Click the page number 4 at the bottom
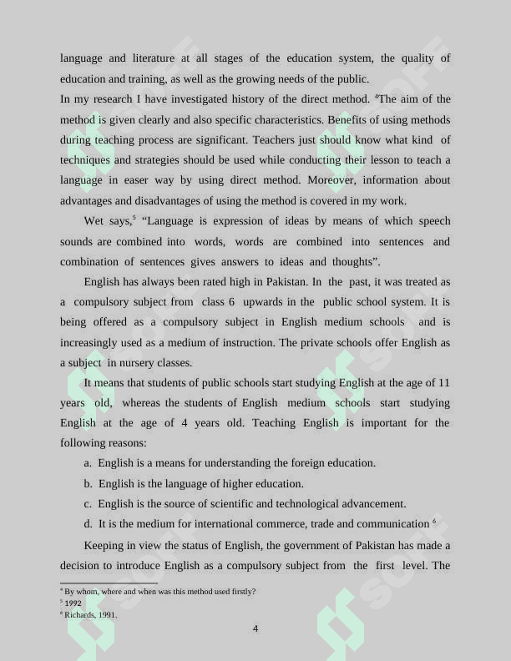255,628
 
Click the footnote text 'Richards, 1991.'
91,615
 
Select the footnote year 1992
73,603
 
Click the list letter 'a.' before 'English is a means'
88,463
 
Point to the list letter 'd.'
88,524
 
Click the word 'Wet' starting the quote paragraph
94,221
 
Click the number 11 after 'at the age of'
443,383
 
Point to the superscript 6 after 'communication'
434,522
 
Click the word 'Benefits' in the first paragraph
350,119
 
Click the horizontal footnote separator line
109,583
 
